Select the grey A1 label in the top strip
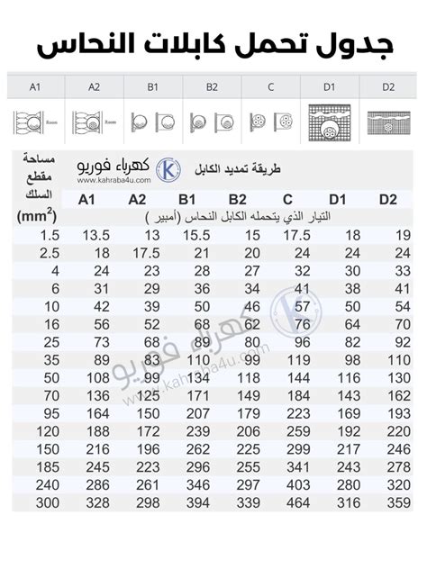point(36,87)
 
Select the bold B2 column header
point(238,200)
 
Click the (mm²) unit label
point(37,215)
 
